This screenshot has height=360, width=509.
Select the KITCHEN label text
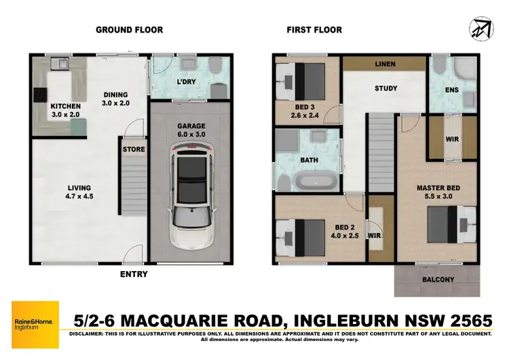(66, 107)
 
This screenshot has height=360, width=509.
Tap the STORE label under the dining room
(132, 149)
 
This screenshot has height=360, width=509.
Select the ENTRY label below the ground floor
(132, 274)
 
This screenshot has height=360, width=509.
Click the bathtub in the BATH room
(314, 181)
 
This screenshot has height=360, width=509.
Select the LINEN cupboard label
(385, 64)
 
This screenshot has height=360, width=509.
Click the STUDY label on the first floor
(385, 88)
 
